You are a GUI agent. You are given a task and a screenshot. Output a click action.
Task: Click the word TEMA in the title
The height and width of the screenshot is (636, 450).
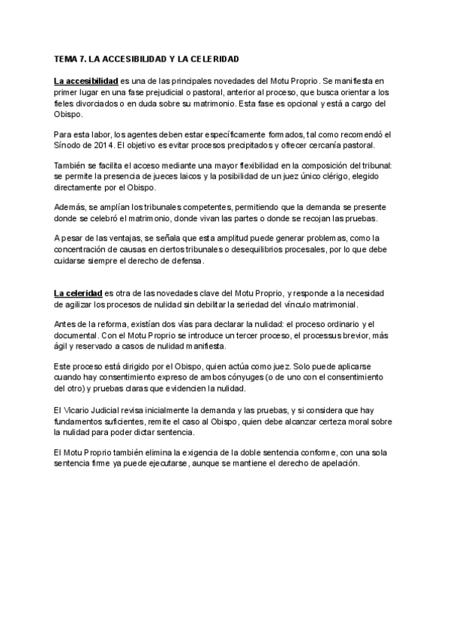click(x=65, y=58)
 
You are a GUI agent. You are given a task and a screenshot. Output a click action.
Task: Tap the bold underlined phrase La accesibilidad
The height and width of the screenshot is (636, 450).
click(x=85, y=79)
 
